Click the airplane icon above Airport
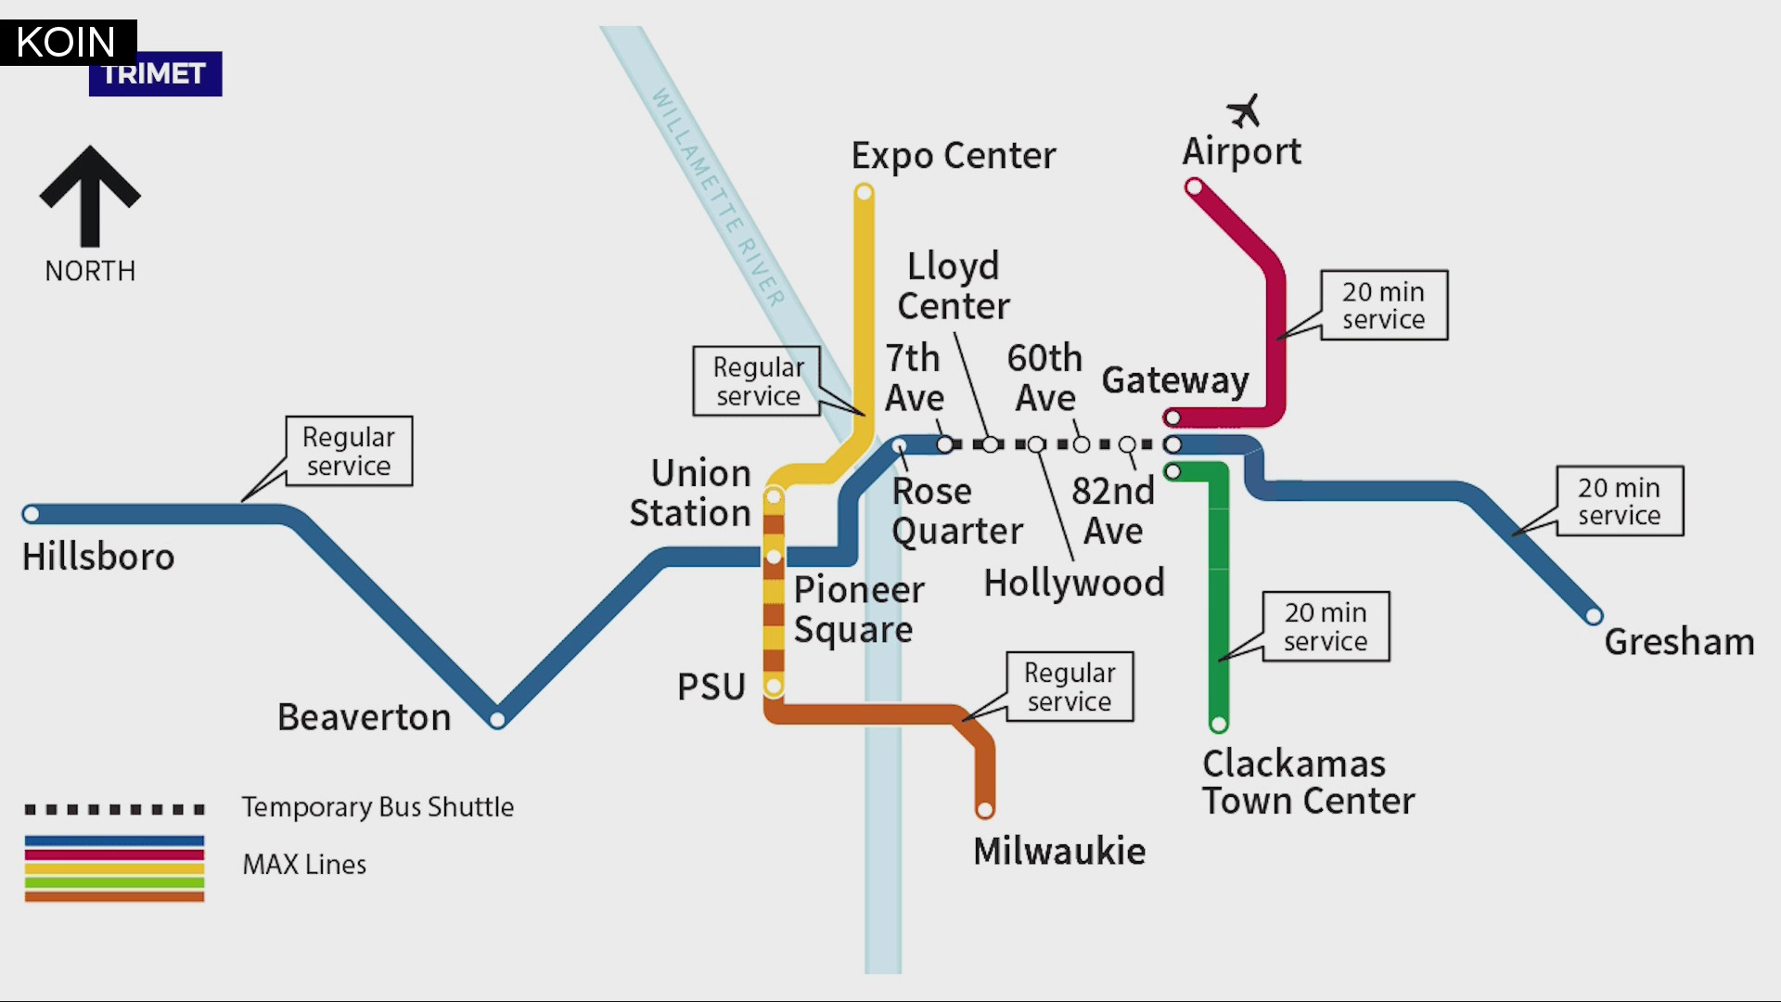coord(1244,110)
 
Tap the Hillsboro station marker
coord(31,514)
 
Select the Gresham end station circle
coord(1594,615)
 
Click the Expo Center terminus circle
coord(864,193)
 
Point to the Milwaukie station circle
coord(984,810)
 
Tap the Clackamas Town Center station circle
coord(1219,724)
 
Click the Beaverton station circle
coord(497,719)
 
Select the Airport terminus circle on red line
coord(1195,188)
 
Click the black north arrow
coord(90,196)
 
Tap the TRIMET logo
coord(155,75)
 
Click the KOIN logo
coord(67,42)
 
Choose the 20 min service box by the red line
coord(1383,305)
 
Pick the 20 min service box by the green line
coord(1326,626)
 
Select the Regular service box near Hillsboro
coord(349,451)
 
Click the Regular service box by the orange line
coord(1070,687)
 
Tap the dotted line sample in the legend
coord(114,809)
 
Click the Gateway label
coord(1174,380)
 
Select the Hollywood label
coord(1073,584)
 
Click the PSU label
coord(711,687)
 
